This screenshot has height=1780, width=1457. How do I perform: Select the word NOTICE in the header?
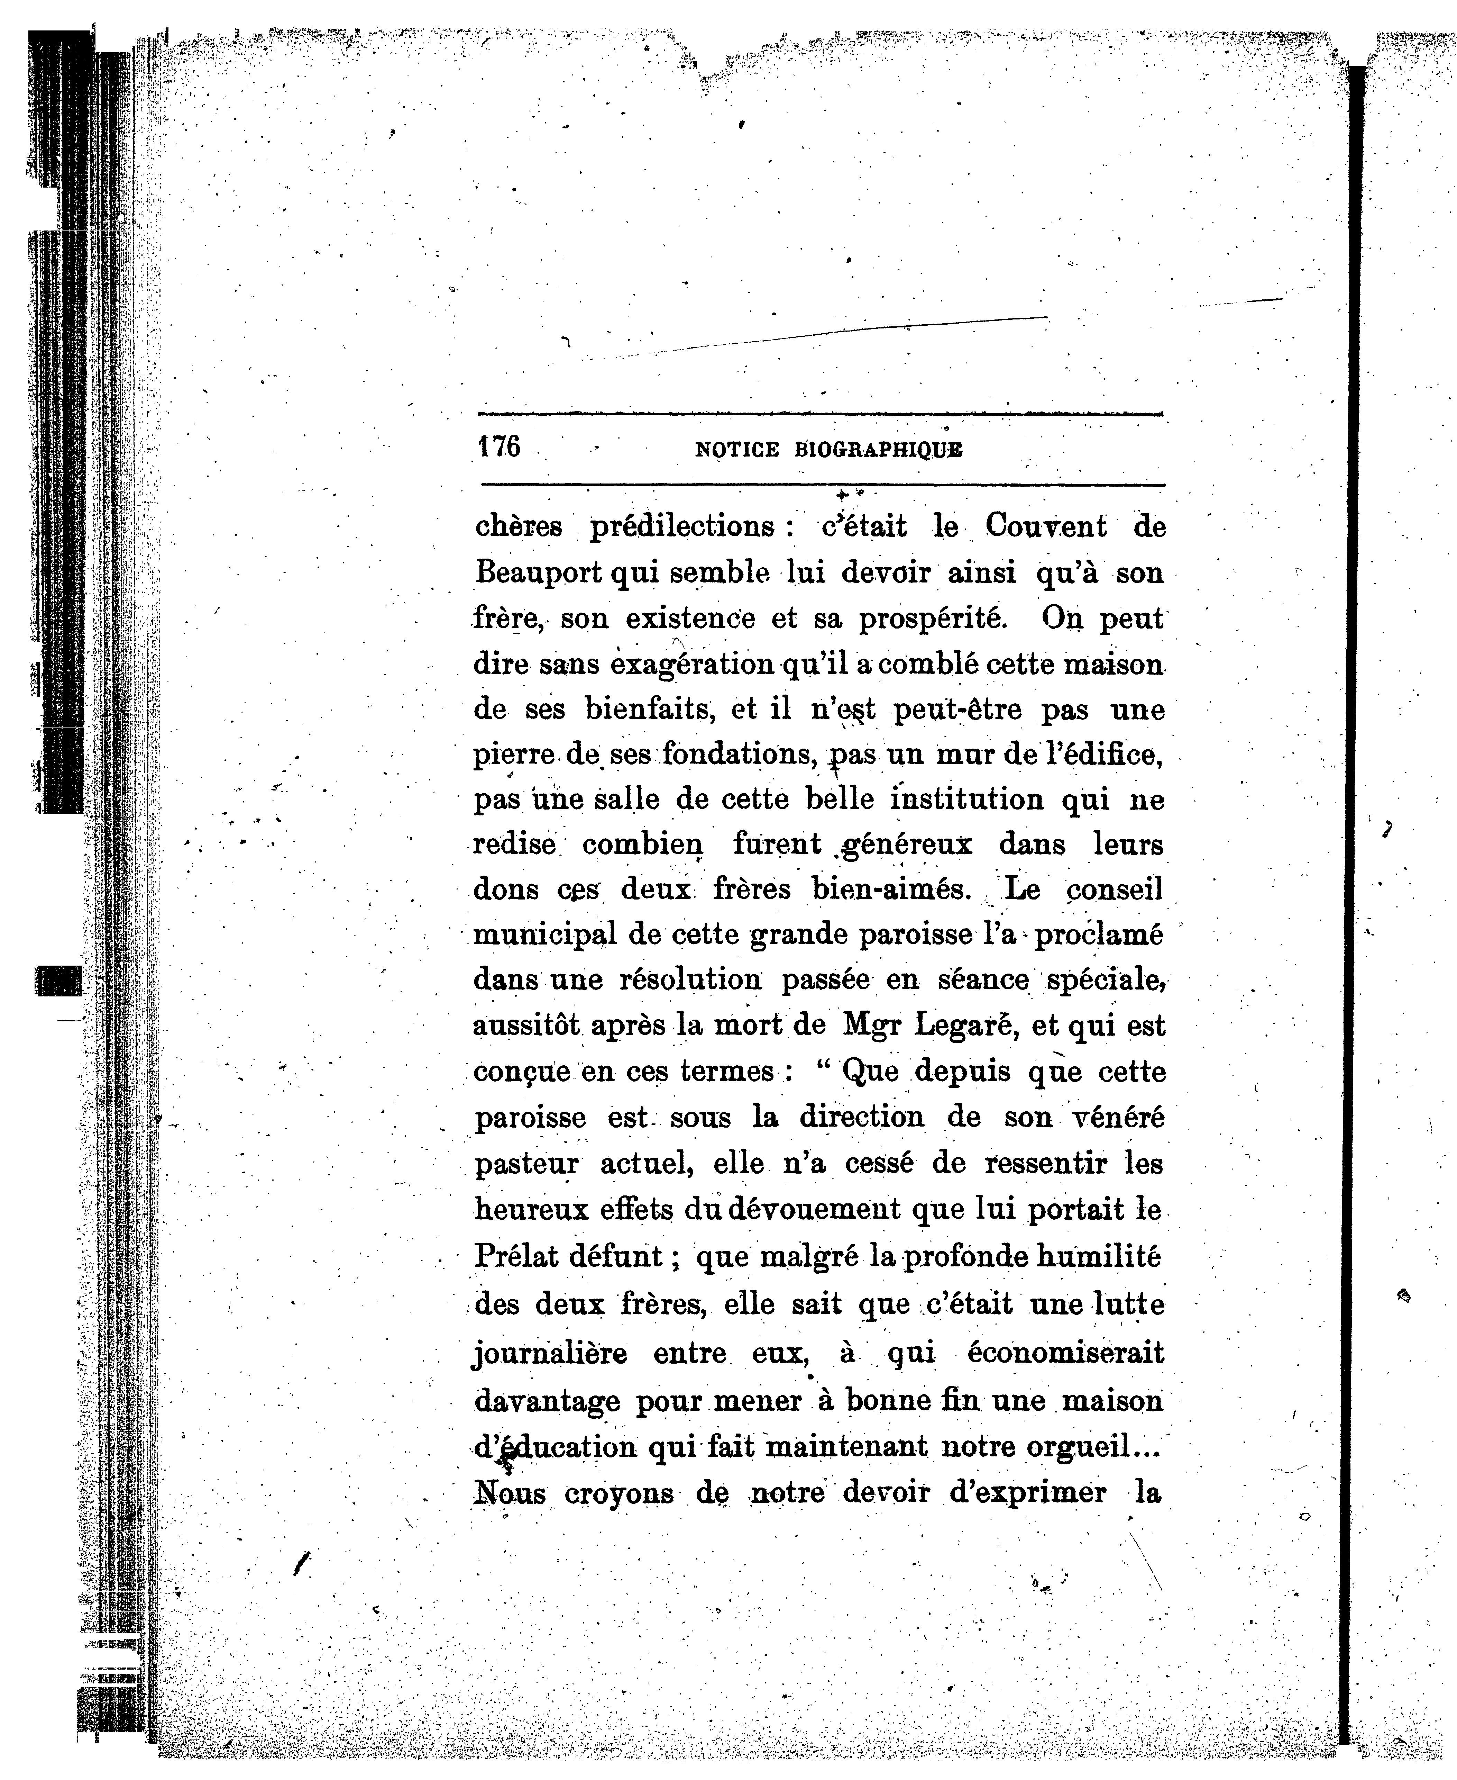pyautogui.click(x=737, y=450)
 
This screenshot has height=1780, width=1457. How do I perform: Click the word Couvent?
pyautogui.click(x=1046, y=526)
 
